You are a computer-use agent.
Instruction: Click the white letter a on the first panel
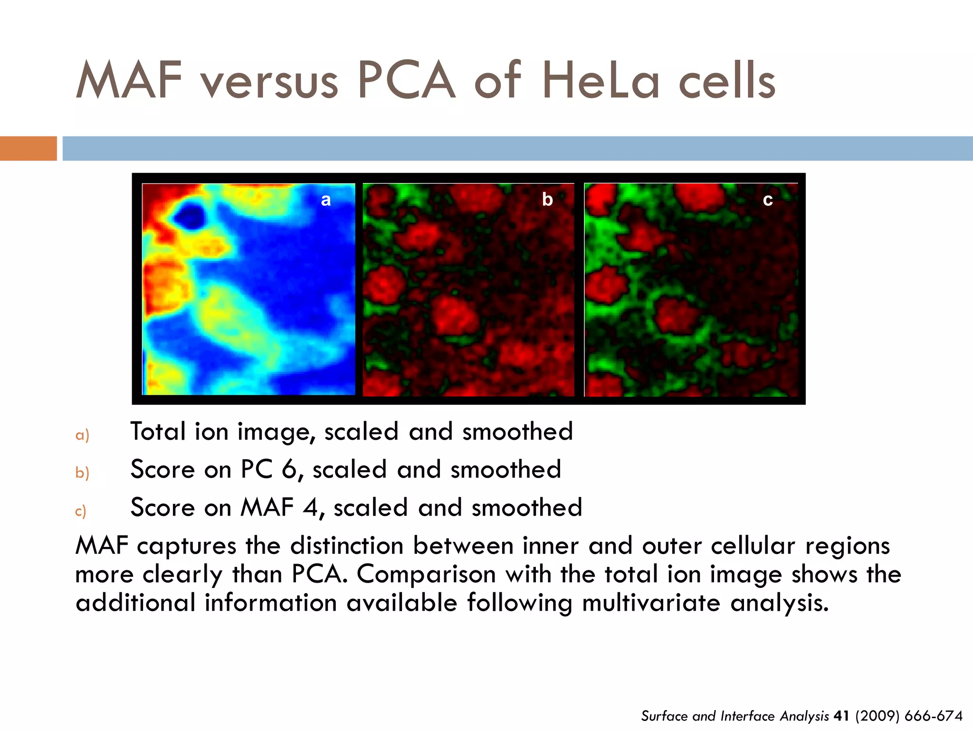pyautogui.click(x=326, y=200)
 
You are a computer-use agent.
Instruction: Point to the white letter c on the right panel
pyautogui.click(x=768, y=200)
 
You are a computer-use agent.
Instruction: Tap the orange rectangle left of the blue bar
pyautogui.click(x=28, y=148)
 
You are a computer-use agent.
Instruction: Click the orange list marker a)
pyautogui.click(x=82, y=435)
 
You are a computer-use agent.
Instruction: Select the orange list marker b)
pyautogui.click(x=82, y=472)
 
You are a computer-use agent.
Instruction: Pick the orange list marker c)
pyautogui.click(x=81, y=511)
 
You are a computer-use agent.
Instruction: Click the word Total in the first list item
pyautogui.click(x=158, y=432)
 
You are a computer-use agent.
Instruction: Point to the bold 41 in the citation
pyautogui.click(x=841, y=716)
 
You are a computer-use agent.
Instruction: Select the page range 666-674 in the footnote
pyautogui.click(x=934, y=716)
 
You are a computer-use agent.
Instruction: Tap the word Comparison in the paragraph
pyautogui.click(x=426, y=574)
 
